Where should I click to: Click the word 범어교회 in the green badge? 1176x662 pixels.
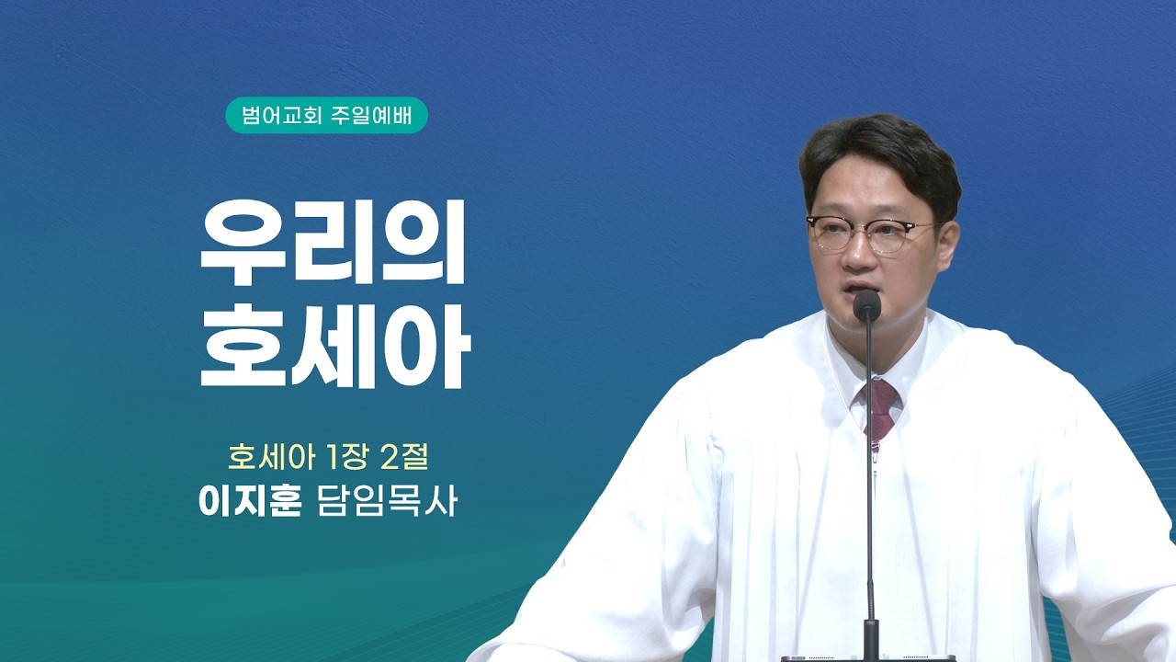pyautogui.click(x=281, y=115)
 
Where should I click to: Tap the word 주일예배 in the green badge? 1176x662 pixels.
pyautogui.click(x=372, y=115)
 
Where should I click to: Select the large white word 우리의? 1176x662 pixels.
pyautogui.click(x=333, y=243)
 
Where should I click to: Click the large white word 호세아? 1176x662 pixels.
pyautogui.click(x=335, y=347)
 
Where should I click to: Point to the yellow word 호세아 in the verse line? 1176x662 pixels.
pyautogui.click(x=271, y=457)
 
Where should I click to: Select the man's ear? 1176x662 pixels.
pyautogui.click(x=947, y=247)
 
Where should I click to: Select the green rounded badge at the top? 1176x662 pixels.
pyautogui.click(x=326, y=115)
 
